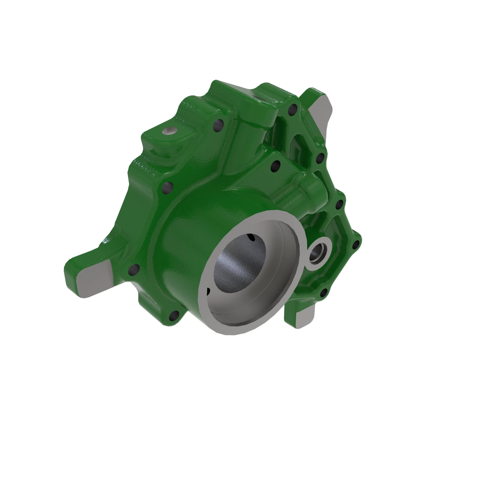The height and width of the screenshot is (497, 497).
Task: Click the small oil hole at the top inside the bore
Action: (x=251, y=237)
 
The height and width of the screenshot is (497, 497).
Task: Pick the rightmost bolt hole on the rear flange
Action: (x=356, y=245)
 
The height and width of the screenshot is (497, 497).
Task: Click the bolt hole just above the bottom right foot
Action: (x=324, y=292)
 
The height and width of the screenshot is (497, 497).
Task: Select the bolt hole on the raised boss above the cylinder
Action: (x=276, y=166)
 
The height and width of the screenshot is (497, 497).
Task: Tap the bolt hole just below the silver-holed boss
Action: (x=219, y=125)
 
